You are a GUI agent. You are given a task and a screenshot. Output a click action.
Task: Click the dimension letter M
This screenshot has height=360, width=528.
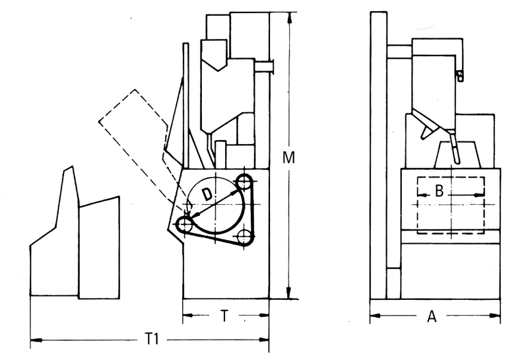pos(288,158)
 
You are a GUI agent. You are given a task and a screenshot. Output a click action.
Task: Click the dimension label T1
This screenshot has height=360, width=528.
pos(152,339)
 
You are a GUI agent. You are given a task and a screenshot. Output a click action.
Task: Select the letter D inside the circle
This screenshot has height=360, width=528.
pos(207,195)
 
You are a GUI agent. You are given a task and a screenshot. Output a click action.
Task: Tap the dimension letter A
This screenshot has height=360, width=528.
pos(432,316)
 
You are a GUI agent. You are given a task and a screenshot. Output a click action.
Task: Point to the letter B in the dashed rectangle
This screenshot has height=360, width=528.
pos(439,191)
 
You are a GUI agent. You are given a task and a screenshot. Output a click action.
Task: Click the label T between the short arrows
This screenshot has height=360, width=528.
pos(224,316)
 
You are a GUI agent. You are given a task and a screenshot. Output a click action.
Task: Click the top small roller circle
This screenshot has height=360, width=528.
pos(244,182)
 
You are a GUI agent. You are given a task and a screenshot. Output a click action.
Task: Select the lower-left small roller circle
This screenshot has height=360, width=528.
pos(184,224)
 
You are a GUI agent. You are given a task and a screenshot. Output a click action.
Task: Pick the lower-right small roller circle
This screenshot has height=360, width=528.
pos(244,237)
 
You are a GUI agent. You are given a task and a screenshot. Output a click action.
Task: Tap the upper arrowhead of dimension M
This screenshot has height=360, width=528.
pos(288,19)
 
